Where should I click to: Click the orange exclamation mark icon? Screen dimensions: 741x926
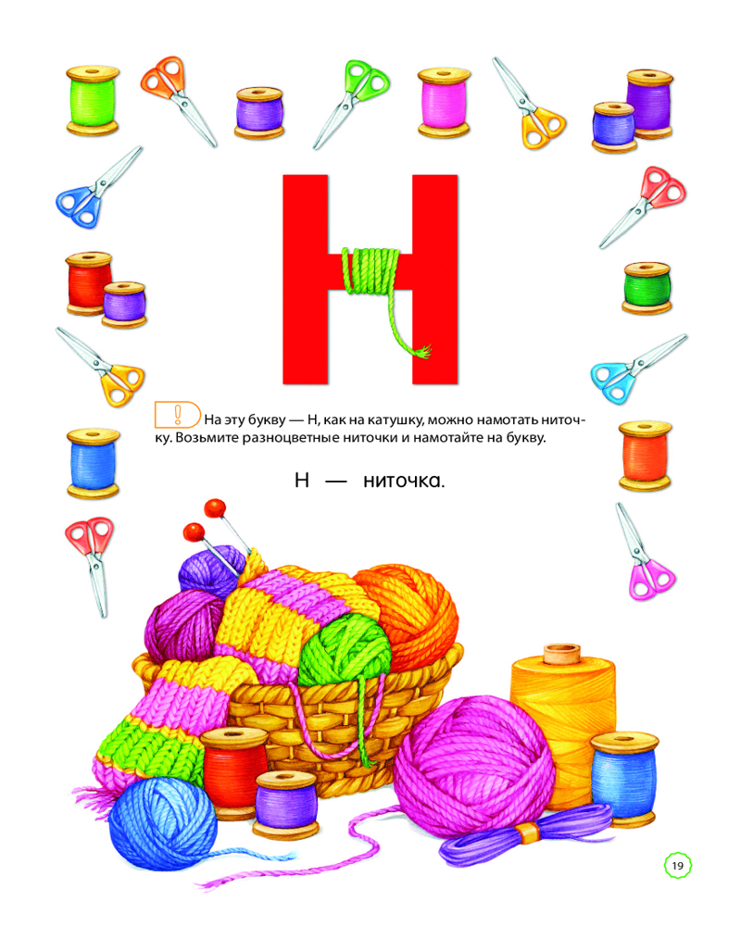pyautogui.click(x=177, y=415)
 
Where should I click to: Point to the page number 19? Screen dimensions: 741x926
pyautogui.click(x=678, y=866)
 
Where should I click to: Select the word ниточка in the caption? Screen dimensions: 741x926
pyautogui.click(x=404, y=482)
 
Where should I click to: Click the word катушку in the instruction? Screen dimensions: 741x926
pyautogui.click(x=393, y=419)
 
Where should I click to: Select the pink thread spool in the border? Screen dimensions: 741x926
pyautogui.click(x=444, y=102)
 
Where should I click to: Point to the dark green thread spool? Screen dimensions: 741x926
pyautogui.click(x=647, y=288)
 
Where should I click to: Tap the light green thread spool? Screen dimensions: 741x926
pyautogui.click(x=93, y=100)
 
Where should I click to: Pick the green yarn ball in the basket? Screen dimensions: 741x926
pyautogui.click(x=344, y=650)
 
